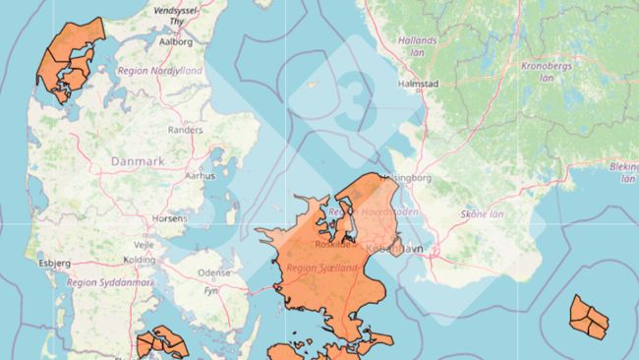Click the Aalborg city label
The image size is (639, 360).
click(175, 42)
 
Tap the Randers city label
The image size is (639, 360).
click(185, 129)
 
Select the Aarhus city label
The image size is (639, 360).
click(200, 175)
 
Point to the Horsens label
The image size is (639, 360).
click(169, 217)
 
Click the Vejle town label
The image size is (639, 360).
click(145, 243)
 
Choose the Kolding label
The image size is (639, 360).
click(139, 260)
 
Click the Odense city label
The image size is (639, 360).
click(213, 272)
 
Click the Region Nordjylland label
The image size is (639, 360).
click(159, 72)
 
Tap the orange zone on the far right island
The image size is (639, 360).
click(589, 317)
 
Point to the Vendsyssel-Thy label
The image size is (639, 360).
click(176, 13)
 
